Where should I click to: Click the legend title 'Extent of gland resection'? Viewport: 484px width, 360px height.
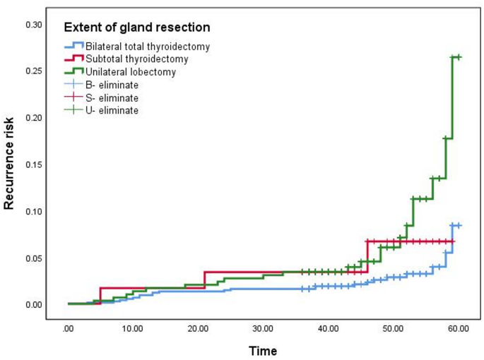pyautogui.click(x=137, y=28)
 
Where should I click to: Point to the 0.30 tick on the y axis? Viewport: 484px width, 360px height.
pyautogui.click(x=34, y=25)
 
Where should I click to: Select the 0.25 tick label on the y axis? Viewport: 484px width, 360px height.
pyautogui.click(x=34, y=71)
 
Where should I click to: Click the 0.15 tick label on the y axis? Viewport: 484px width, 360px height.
pyautogui.click(x=34, y=164)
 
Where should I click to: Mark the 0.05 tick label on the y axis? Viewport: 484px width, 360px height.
pyautogui.click(x=34, y=258)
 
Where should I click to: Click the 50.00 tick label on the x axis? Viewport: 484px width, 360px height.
pyautogui.click(x=394, y=328)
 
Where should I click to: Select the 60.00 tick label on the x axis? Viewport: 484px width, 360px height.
pyautogui.click(x=459, y=328)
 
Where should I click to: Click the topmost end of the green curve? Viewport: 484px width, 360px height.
pyautogui.click(x=459, y=57)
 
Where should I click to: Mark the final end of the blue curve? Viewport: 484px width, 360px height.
pyautogui.click(x=459, y=225)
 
